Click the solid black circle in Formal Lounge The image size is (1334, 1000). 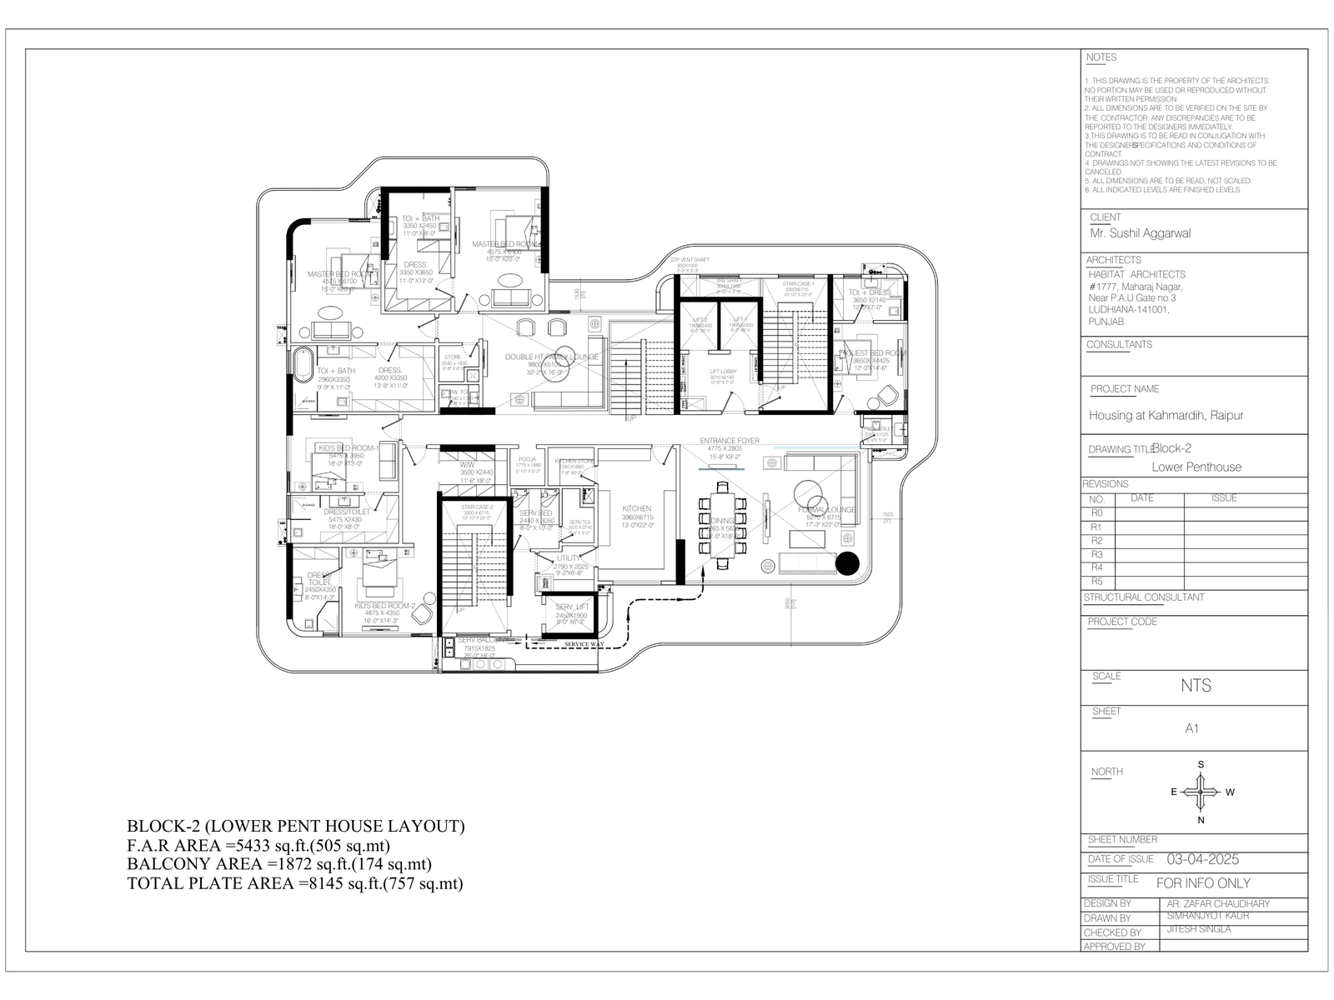click(847, 563)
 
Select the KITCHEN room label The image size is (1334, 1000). click(636, 508)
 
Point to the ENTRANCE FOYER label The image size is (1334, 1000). click(730, 441)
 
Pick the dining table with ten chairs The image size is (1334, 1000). click(722, 526)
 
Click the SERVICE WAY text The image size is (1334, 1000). click(584, 644)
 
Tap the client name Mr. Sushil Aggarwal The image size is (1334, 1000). click(1140, 233)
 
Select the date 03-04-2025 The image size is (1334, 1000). click(1202, 859)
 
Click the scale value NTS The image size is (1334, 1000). click(1196, 686)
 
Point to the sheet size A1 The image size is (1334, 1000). click(1192, 728)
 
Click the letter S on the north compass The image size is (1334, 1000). click(1201, 764)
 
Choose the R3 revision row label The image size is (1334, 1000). click(1096, 554)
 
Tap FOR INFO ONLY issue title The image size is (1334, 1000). click(1203, 882)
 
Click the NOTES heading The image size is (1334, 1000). click(1101, 57)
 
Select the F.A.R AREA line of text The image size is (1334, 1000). click(258, 846)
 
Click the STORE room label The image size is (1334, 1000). click(453, 357)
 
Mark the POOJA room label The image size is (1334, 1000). click(527, 459)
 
